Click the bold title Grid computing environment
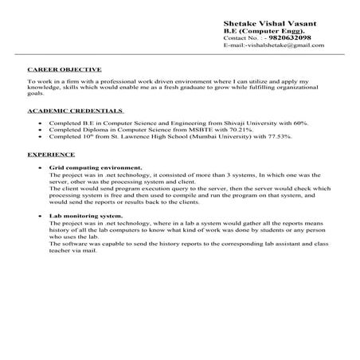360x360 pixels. pyautogui.click(x=96, y=169)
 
